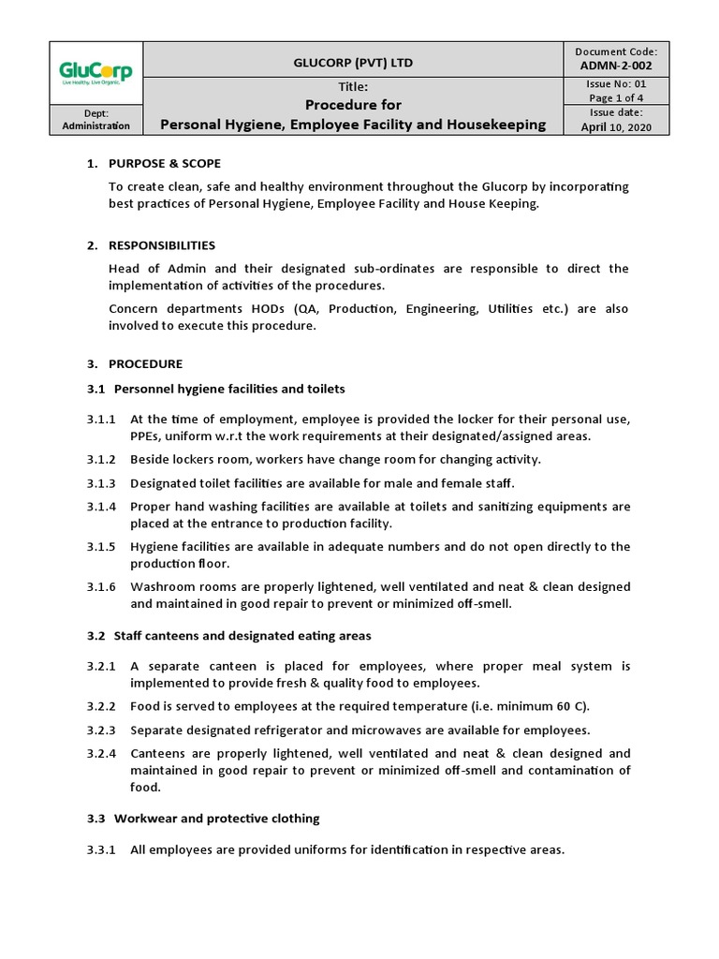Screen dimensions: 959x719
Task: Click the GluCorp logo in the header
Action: click(96, 72)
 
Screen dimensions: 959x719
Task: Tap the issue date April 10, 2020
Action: click(616, 126)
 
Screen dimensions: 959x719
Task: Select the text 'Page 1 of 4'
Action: click(616, 97)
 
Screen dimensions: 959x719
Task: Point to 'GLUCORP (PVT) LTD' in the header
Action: click(353, 63)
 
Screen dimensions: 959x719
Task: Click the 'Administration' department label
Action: click(96, 126)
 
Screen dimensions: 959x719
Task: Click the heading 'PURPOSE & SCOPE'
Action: click(165, 164)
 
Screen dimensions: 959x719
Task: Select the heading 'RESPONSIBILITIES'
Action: click(162, 245)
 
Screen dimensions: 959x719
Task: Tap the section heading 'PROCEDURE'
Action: click(145, 363)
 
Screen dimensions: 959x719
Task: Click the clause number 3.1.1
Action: click(101, 419)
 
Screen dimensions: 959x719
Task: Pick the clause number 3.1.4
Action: click(101, 507)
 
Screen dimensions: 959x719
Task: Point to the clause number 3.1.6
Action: click(101, 587)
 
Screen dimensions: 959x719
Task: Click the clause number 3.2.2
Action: click(101, 706)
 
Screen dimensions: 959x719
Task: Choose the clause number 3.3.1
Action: click(101, 850)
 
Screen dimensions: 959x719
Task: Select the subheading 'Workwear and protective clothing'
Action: click(216, 819)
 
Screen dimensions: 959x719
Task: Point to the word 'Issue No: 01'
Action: click(616, 83)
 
